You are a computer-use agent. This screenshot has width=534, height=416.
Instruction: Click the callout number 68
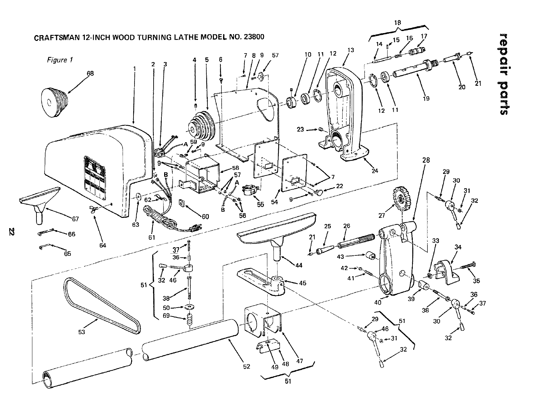tap(90, 73)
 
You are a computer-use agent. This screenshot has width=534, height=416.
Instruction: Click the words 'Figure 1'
tap(60, 60)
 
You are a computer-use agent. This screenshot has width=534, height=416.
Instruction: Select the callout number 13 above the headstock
tap(351, 50)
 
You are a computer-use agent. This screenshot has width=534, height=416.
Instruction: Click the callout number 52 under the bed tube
tap(247, 366)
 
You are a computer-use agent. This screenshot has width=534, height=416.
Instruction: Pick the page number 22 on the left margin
tap(12, 232)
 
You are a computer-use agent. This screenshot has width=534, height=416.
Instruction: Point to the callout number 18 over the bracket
tap(397, 23)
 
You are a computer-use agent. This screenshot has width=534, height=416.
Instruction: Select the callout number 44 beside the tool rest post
tap(299, 265)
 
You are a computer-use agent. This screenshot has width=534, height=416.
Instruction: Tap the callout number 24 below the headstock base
tap(375, 171)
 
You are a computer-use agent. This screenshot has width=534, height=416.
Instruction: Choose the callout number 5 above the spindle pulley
tap(206, 60)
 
